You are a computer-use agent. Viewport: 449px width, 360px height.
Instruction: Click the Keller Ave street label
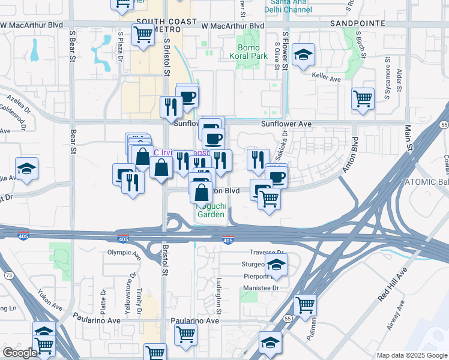(x=327, y=79)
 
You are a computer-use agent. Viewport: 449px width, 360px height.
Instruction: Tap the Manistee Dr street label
(x=262, y=288)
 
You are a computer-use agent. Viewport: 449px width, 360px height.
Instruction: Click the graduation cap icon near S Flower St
(x=304, y=56)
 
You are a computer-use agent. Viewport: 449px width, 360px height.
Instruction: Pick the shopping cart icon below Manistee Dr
(x=305, y=305)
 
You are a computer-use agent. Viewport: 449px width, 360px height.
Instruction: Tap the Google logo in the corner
(x=20, y=353)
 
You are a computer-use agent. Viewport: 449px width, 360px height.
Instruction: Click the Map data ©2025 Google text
(x=411, y=355)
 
